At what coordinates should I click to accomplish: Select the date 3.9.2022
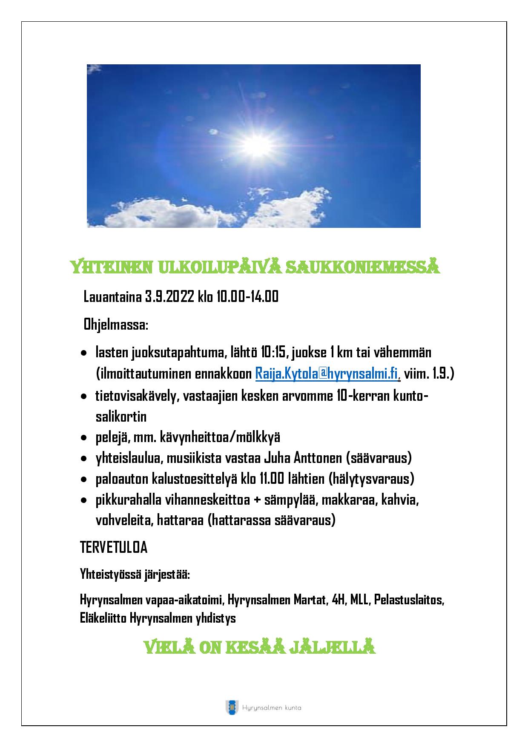(170, 296)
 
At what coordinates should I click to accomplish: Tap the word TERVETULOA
(114, 548)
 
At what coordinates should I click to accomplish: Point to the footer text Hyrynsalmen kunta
(271, 708)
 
